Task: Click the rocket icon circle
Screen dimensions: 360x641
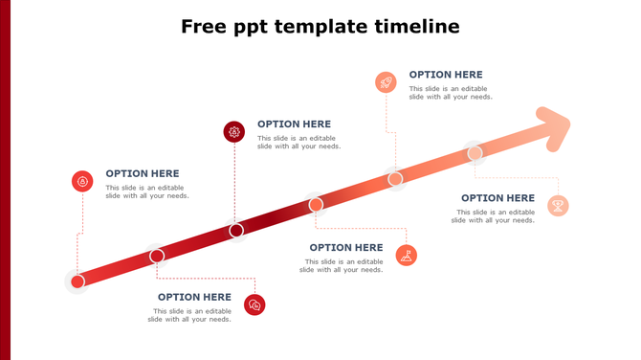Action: pos(386,82)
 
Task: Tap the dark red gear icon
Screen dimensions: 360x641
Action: pos(233,131)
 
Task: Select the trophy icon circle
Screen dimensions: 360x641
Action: pos(557,205)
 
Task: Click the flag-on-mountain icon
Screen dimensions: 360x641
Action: pos(407,255)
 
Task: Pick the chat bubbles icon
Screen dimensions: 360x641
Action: pos(254,304)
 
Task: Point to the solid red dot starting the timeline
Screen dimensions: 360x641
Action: pos(77,281)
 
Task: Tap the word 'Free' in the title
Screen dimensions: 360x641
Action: pos(204,26)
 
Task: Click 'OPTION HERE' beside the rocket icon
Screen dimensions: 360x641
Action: pos(446,75)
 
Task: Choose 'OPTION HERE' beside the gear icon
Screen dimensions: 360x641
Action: pos(294,124)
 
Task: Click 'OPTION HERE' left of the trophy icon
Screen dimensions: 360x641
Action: pos(497,198)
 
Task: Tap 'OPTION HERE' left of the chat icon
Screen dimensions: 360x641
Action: pos(194,297)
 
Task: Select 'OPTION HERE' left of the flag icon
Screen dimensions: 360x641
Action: pos(346,248)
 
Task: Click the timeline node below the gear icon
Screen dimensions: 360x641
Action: pos(236,230)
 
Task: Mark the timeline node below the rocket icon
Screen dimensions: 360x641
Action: pos(395,178)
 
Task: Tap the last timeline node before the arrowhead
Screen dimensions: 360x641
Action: pos(475,152)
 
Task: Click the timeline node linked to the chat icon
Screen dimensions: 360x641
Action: pos(157,256)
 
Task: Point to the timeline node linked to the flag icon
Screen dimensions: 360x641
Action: pos(316,204)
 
